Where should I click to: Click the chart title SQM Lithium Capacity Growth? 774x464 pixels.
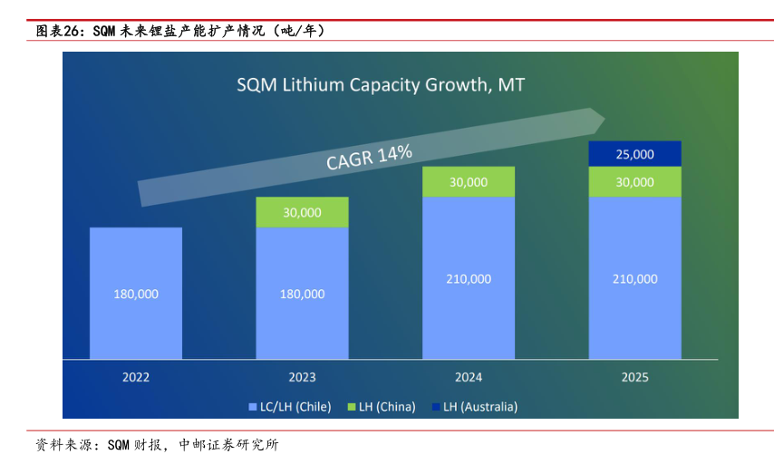[x=381, y=85]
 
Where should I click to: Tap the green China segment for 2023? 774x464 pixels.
[x=302, y=212]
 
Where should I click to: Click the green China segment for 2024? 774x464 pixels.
[x=468, y=181]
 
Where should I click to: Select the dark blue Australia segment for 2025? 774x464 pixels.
[x=634, y=154]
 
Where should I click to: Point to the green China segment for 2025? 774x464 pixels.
[x=634, y=182]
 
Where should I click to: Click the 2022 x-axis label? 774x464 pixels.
[x=136, y=377]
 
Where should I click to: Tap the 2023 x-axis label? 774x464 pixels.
[x=302, y=377]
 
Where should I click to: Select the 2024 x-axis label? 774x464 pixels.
[x=468, y=377]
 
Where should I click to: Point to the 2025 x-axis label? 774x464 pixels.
[x=634, y=377]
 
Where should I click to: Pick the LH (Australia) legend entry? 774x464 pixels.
[x=480, y=407]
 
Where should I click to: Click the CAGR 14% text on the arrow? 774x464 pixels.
[x=369, y=157]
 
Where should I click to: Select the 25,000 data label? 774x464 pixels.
[x=634, y=154]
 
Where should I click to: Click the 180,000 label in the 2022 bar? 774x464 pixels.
[x=136, y=294]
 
